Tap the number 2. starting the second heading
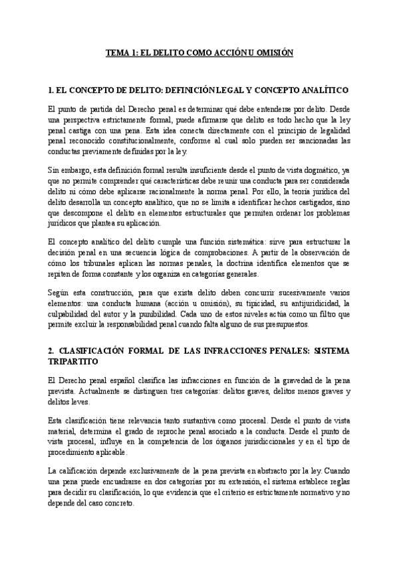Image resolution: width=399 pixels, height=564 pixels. (51, 351)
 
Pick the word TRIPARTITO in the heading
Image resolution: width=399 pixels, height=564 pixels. (73, 361)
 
